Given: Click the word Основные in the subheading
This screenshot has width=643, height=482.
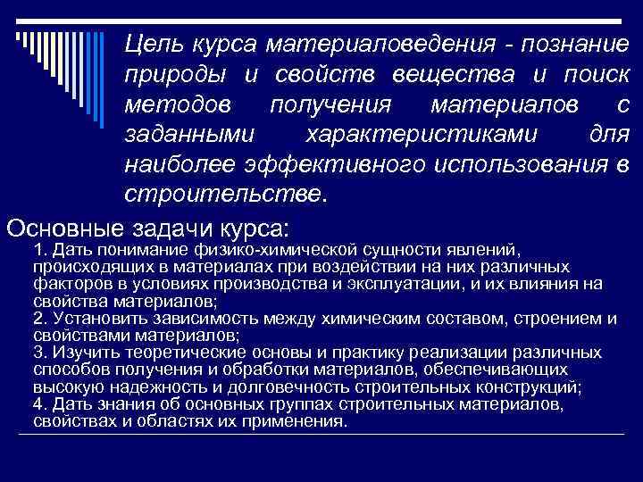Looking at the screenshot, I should (68, 226).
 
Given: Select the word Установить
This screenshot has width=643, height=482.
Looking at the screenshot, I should (94, 319).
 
